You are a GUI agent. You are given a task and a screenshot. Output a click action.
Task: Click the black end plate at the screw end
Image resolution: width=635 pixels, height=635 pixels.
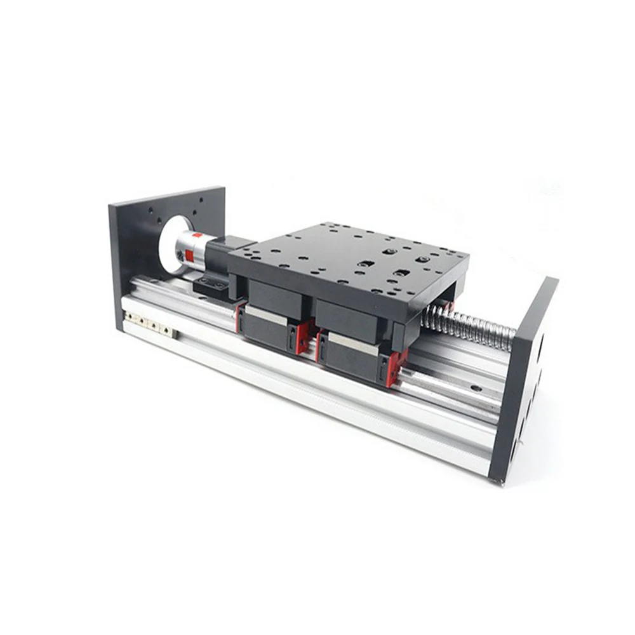coord(521,381)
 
